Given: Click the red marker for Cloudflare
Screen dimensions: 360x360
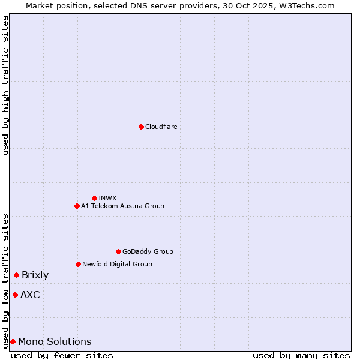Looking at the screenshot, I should coord(141,127).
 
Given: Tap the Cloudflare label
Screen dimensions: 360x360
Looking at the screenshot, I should coord(161,127).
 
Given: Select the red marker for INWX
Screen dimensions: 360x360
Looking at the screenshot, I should coord(94,198).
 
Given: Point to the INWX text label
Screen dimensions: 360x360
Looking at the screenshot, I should coord(107,198).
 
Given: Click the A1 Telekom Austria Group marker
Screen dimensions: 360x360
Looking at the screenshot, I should coord(77,206).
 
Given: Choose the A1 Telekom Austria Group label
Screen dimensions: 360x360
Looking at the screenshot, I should coord(122,206).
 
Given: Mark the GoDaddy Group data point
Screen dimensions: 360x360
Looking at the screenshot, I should coord(118,251).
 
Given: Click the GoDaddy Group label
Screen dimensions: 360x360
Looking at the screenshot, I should coord(148,251).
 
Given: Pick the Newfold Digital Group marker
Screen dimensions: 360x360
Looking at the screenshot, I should coord(78,264).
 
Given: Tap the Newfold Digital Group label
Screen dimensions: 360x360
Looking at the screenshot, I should coord(117,264).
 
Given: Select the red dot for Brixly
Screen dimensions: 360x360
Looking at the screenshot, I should coord(16,275).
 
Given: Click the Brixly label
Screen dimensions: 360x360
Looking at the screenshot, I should coord(35,275).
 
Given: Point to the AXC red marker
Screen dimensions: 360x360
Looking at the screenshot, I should coord(15,295).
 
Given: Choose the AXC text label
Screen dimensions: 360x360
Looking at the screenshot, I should coord(30,295).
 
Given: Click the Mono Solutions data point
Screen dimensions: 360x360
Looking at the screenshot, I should coord(13,341).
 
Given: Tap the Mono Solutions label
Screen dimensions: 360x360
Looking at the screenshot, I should coord(55,342).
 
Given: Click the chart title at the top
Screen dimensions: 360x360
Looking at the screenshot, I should coord(180,5).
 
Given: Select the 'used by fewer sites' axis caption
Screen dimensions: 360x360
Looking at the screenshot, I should coord(62,355).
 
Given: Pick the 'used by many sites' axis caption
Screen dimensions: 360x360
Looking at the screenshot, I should coord(301,355).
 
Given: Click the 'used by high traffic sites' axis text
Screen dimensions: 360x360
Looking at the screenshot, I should coord(5,85).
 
